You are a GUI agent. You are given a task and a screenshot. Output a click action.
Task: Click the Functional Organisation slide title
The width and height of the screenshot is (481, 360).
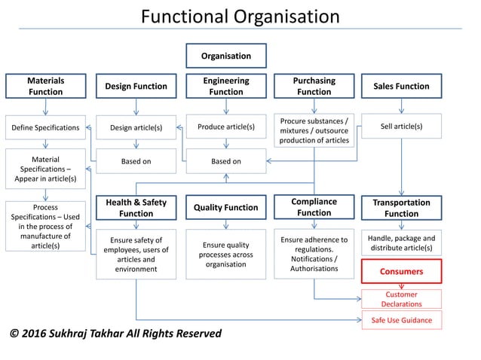pos(240,17)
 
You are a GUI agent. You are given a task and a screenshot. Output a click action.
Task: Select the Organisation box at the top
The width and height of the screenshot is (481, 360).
pos(226,56)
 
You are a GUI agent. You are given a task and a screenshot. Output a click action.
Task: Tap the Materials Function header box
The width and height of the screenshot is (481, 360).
pos(45,86)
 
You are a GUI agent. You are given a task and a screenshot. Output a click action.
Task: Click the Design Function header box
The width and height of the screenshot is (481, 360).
pos(136,86)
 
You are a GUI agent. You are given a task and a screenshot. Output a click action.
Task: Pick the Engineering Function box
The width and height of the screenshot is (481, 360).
pos(226,86)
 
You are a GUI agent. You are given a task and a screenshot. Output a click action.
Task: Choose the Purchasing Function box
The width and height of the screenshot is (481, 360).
pos(314,86)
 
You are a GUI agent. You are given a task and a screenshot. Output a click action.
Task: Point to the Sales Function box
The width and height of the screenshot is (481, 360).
pos(401,86)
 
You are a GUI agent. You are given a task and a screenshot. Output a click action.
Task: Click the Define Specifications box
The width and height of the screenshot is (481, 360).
pos(45,127)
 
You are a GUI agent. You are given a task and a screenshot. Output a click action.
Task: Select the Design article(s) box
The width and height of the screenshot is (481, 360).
pos(136,127)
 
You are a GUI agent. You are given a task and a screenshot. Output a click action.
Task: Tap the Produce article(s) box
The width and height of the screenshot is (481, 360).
pos(226,127)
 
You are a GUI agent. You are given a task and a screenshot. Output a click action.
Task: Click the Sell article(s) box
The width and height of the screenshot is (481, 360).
pos(401,127)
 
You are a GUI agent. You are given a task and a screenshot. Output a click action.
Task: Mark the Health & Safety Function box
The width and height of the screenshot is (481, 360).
pos(136,208)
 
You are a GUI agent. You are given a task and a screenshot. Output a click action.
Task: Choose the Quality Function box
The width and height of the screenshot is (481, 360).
pos(226,208)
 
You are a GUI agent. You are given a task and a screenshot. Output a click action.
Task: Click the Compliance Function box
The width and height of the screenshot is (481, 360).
pos(314,207)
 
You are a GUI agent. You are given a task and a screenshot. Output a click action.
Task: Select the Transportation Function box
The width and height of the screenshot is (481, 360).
pos(401,208)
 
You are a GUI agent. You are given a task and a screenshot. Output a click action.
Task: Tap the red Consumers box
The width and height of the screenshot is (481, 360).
pos(401,271)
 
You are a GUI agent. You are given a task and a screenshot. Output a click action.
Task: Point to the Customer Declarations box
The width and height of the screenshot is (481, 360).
pos(401,299)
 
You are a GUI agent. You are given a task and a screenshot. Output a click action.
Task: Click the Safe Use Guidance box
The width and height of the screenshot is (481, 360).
pos(401,320)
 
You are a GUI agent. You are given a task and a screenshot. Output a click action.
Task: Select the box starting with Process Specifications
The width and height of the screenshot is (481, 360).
pos(45,226)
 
